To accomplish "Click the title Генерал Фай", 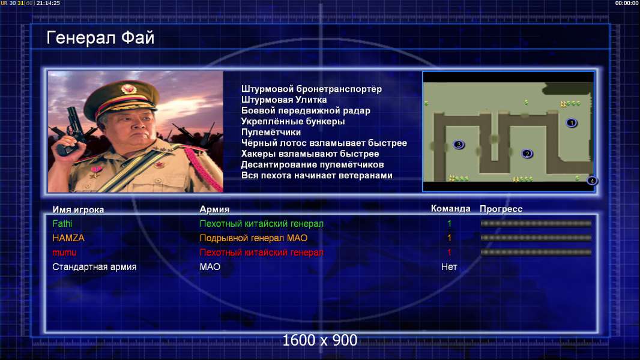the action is click(x=100, y=38).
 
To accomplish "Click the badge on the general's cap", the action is click(x=128, y=88).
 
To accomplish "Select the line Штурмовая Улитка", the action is click(x=283, y=100).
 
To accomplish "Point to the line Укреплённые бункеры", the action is click(x=292, y=121).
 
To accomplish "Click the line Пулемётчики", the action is click(x=271, y=133).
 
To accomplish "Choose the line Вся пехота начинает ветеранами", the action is click(x=317, y=176).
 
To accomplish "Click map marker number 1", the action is click(x=572, y=123).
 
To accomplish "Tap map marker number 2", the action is click(x=527, y=154).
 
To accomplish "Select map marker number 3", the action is click(x=459, y=145).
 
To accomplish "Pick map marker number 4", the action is click(x=592, y=181).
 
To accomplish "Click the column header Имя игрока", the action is click(x=78, y=209).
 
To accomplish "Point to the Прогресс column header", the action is click(x=501, y=209).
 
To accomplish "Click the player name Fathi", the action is click(x=62, y=223).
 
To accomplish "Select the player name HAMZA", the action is click(x=68, y=238).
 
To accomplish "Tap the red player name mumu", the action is click(x=64, y=253).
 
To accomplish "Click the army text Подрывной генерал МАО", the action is click(x=253, y=238).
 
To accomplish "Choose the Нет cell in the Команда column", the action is click(x=449, y=267).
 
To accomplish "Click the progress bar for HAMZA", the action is click(x=536, y=238).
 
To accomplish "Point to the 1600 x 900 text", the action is click(x=320, y=340).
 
